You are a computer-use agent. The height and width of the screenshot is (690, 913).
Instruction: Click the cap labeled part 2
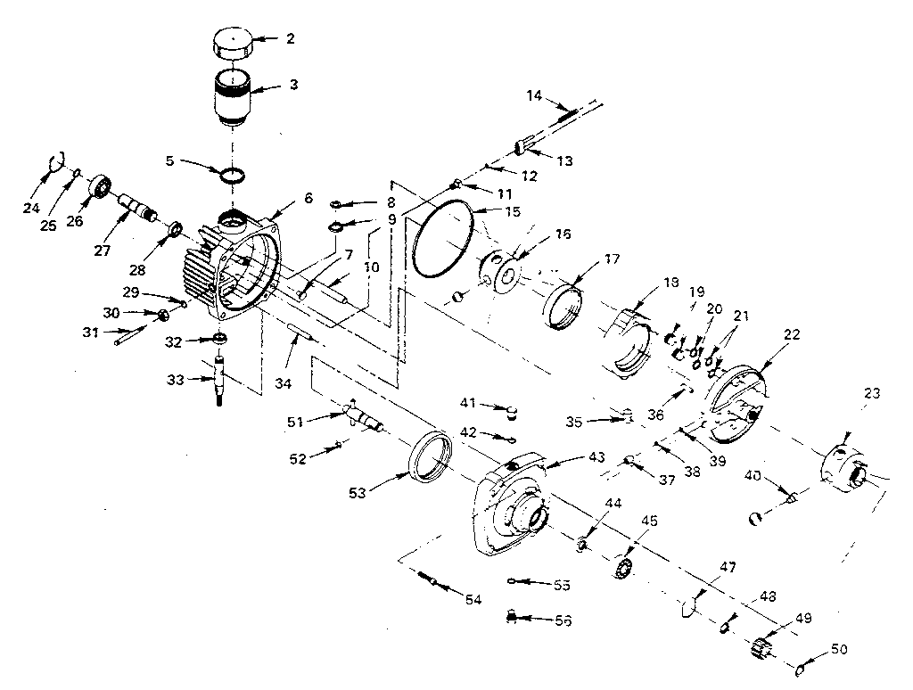pos(231,44)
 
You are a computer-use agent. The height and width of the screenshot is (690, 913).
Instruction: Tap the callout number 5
pos(170,161)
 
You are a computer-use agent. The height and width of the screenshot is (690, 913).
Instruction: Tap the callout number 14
pos(533,94)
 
